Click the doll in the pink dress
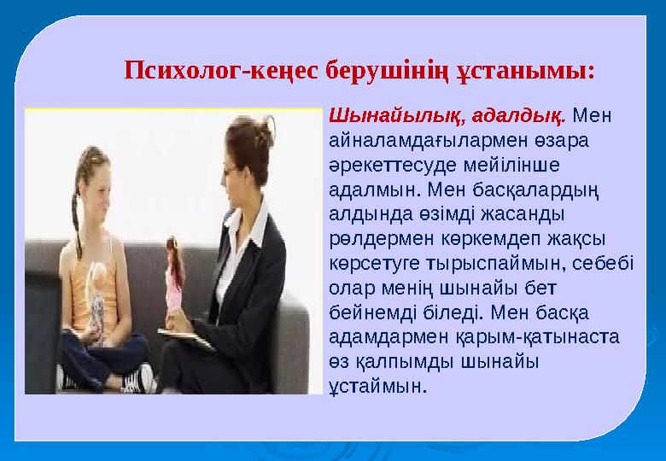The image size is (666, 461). click(175, 273)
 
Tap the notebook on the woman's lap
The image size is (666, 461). click(187, 338)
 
